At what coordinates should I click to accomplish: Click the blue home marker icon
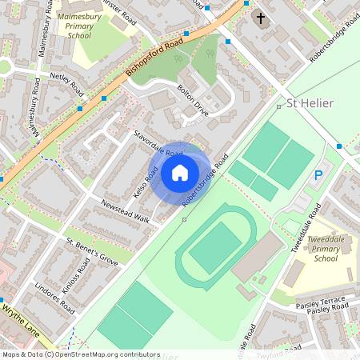click(180, 172)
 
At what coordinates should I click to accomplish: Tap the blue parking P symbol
click(318, 175)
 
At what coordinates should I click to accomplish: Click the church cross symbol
click(260, 18)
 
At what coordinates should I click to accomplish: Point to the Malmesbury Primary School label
click(80, 25)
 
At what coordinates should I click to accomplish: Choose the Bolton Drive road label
click(193, 100)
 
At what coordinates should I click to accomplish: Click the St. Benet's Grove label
click(91, 250)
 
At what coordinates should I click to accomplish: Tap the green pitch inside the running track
click(214, 247)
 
